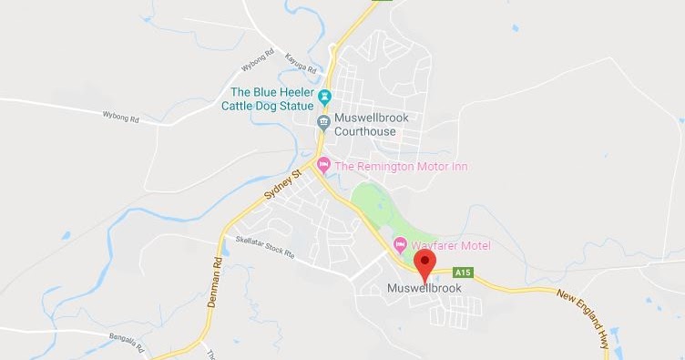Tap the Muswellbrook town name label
point(424,288)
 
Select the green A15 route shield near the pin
point(463,271)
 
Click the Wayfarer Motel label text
point(451,246)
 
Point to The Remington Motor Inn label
point(402,166)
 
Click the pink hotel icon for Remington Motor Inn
point(323,166)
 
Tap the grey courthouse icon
point(323,122)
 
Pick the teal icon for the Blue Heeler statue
point(325,94)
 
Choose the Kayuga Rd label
point(300,63)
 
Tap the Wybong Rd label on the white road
point(120,118)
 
